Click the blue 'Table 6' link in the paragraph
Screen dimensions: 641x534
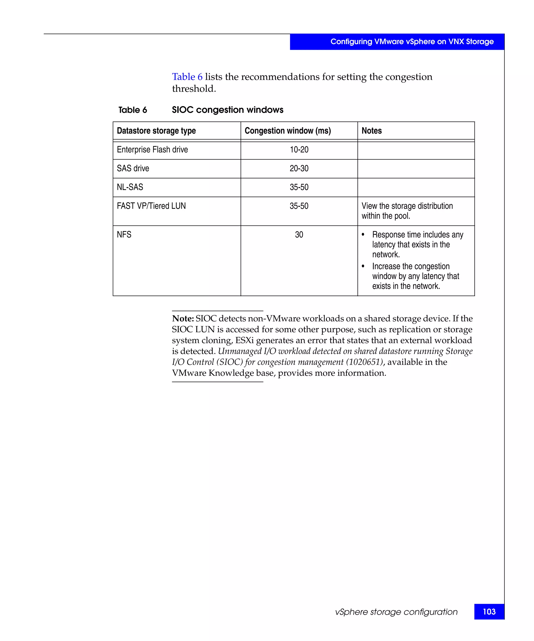(x=187, y=77)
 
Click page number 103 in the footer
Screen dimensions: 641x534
(x=489, y=611)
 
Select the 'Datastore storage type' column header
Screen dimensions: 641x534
(x=156, y=131)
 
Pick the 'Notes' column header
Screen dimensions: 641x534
(x=371, y=131)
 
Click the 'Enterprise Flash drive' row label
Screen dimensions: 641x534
(x=152, y=150)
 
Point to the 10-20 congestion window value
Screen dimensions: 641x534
(x=299, y=150)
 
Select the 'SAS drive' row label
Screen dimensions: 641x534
(x=133, y=168)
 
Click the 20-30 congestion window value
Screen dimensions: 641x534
(x=299, y=168)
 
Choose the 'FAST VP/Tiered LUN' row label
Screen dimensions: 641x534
(x=151, y=206)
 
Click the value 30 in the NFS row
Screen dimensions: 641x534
(x=299, y=234)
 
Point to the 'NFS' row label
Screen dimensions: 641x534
(x=124, y=234)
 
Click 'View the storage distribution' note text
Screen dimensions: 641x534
(x=407, y=206)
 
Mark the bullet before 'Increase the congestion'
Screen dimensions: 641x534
(x=363, y=267)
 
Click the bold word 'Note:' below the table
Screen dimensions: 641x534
(x=183, y=318)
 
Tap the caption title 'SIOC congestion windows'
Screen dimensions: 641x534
(x=227, y=110)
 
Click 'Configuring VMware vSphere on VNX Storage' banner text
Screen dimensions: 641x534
(x=412, y=41)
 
